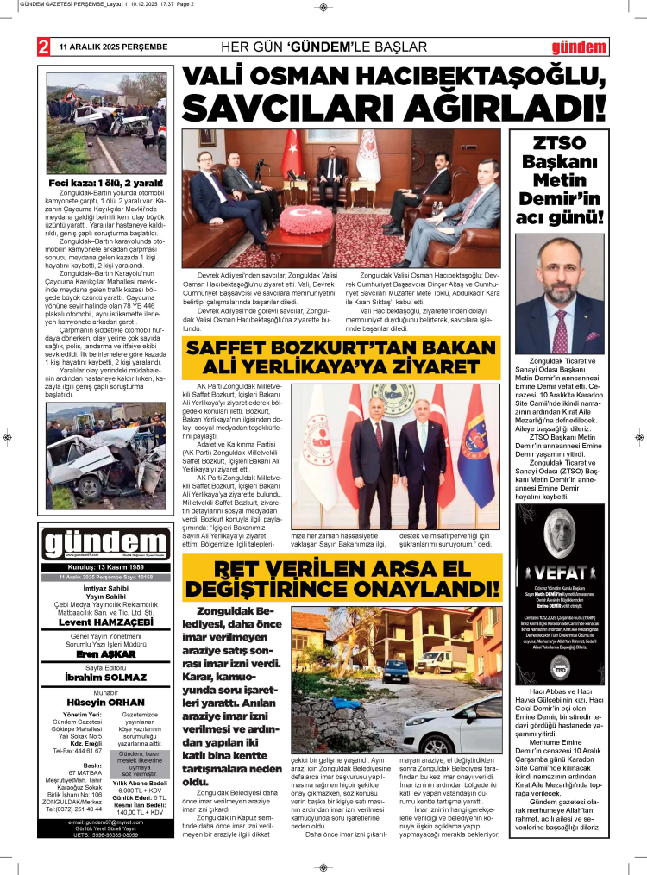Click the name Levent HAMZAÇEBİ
point(107,622)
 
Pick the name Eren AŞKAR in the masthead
point(107,654)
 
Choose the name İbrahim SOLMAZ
point(107,677)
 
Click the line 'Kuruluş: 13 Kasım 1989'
point(107,567)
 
